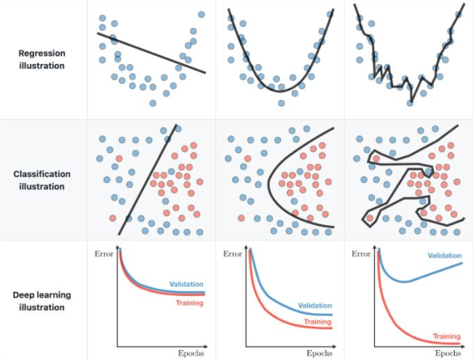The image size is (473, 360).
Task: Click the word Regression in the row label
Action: (x=42, y=52)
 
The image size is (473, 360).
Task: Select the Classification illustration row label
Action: (x=42, y=180)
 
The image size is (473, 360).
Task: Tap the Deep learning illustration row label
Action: (x=42, y=301)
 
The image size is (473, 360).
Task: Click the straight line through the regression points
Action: (x=150, y=52)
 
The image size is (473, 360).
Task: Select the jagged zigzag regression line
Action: (x=391, y=75)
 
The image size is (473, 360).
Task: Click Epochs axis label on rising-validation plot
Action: (x=447, y=353)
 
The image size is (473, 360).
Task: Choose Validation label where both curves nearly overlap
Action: (x=187, y=284)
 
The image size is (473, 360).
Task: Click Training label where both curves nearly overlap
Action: (x=190, y=303)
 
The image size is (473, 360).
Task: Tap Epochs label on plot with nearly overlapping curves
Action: (x=190, y=353)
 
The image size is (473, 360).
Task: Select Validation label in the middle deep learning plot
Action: (x=314, y=305)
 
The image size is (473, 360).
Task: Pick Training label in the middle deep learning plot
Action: (x=318, y=322)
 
